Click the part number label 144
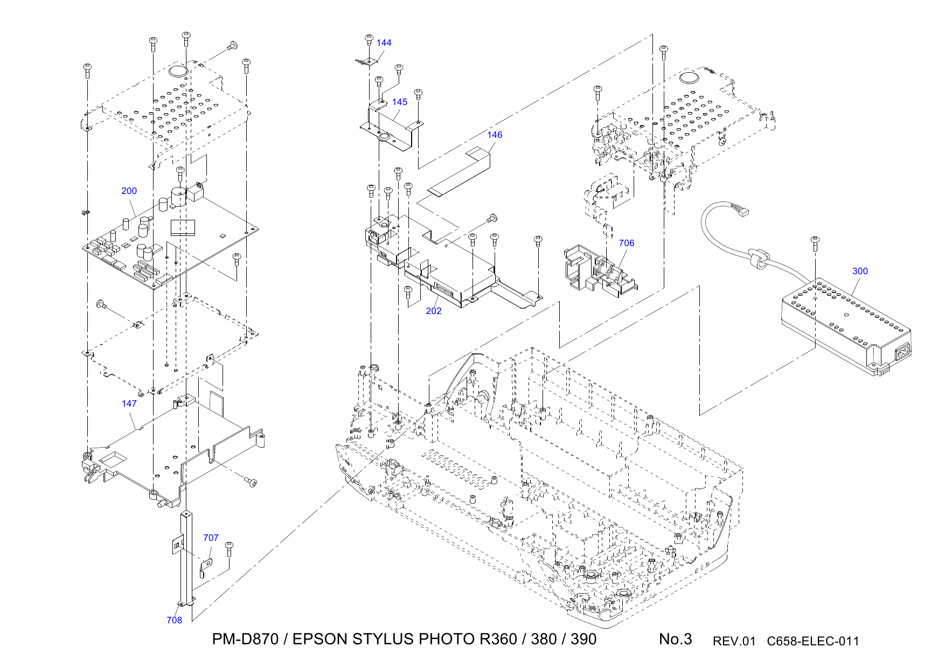click(x=384, y=43)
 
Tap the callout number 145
click(x=399, y=102)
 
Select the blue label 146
click(x=494, y=135)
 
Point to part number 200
click(x=129, y=191)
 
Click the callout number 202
click(x=433, y=311)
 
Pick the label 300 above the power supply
click(x=860, y=272)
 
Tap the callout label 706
click(x=626, y=243)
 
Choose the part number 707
click(x=211, y=538)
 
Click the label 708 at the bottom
click(x=174, y=621)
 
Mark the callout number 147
click(x=129, y=404)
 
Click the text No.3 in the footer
click(x=675, y=639)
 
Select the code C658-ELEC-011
click(x=812, y=642)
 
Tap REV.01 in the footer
click(x=734, y=642)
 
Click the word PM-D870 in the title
click(x=245, y=639)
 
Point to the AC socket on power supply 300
click(x=902, y=353)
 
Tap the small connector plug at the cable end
click(x=744, y=212)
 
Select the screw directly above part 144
click(x=369, y=39)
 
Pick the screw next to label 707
click(x=229, y=548)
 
